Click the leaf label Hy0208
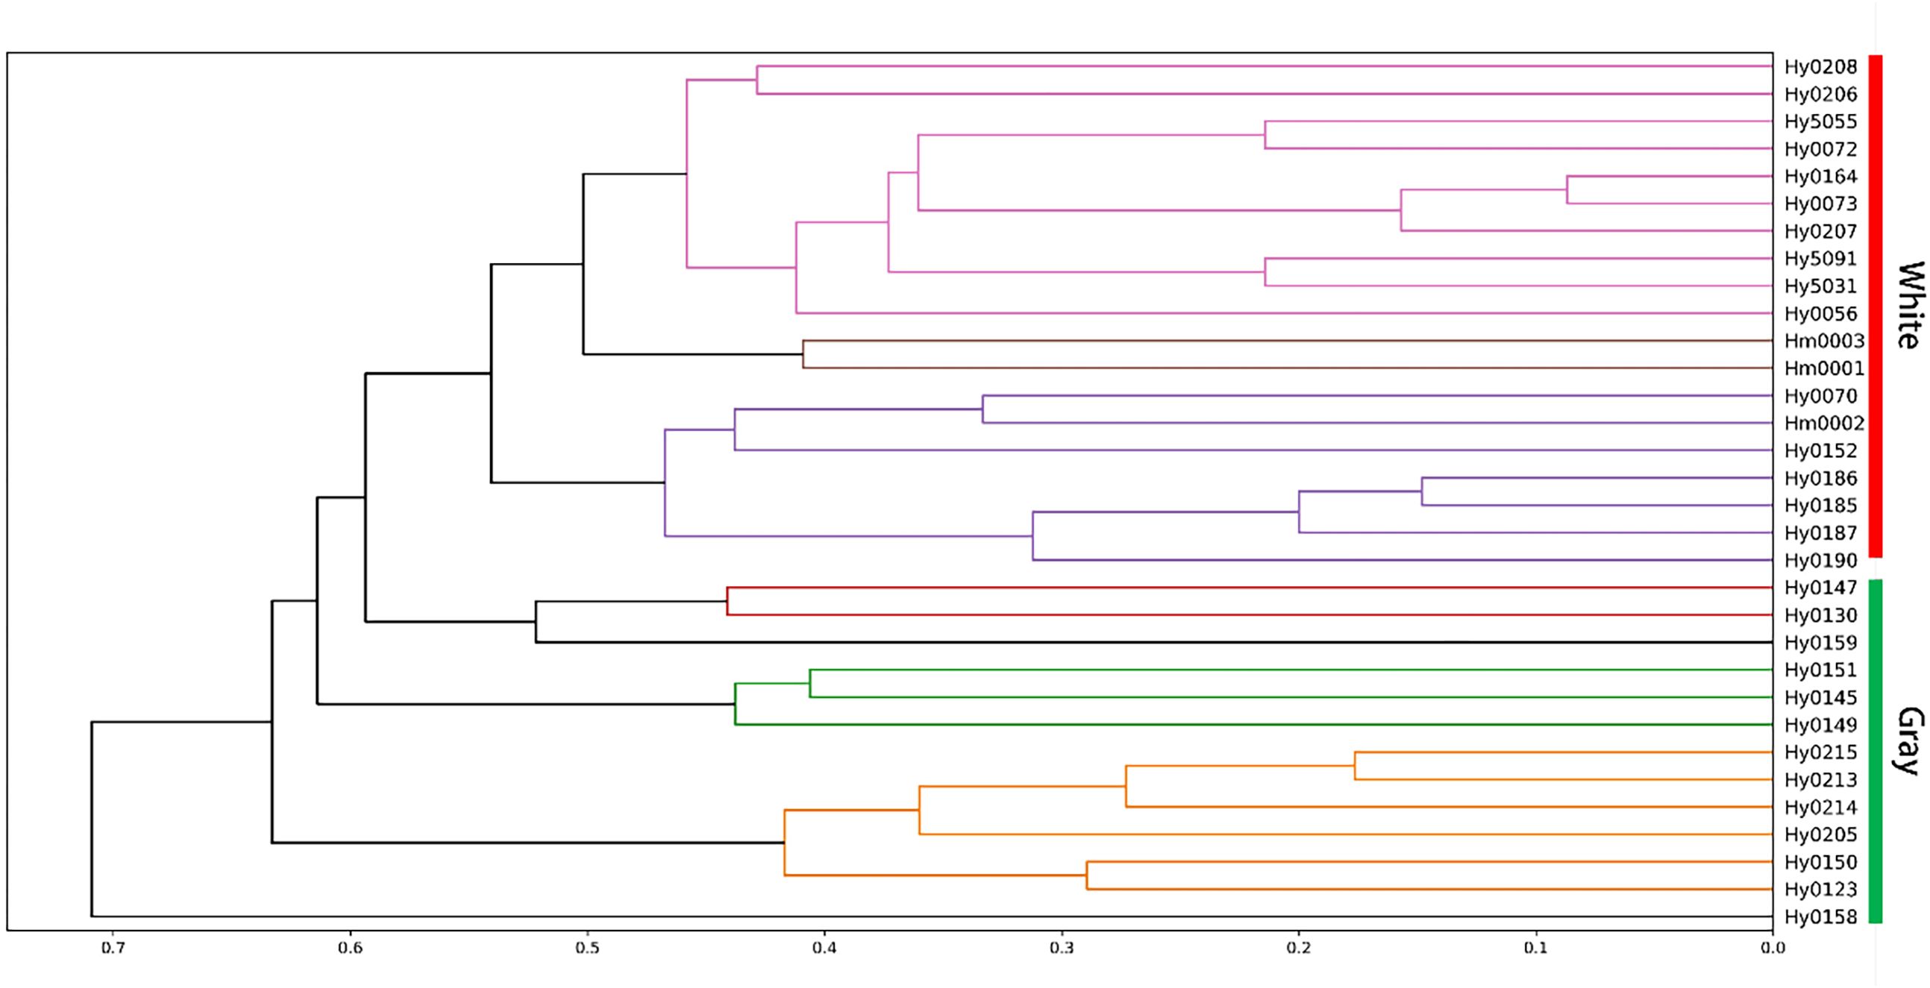click(1820, 67)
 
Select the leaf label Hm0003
click(1823, 342)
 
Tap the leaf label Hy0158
click(1820, 917)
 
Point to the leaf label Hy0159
click(1820, 643)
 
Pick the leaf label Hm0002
click(1823, 424)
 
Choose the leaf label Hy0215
click(1820, 752)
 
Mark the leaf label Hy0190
click(1820, 560)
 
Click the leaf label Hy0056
click(1820, 314)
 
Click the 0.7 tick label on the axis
click(113, 948)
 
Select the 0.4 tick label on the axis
click(824, 948)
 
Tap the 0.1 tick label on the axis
click(1536, 948)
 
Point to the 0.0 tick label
click(1773, 948)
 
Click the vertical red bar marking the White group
click(1876, 306)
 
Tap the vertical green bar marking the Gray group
click(1876, 751)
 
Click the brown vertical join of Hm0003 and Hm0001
click(803, 354)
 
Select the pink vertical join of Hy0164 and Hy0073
click(1567, 190)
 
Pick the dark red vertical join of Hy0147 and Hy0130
click(727, 602)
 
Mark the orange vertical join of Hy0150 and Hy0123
click(1086, 875)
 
